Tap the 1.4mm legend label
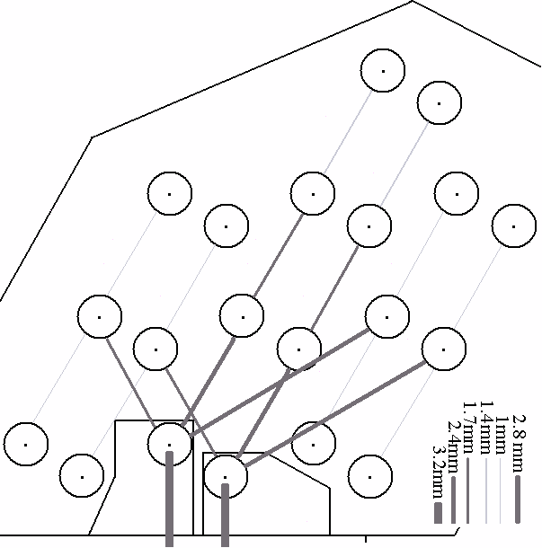pyautogui.click(x=486, y=421)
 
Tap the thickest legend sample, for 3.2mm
pyautogui.click(x=437, y=512)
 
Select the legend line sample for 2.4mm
pyautogui.click(x=453, y=499)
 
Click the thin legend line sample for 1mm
pyautogui.click(x=500, y=490)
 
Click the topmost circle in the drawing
pyautogui.click(x=382, y=71)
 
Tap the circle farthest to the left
pyautogui.click(x=25, y=444)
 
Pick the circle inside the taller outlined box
pyautogui.click(x=169, y=444)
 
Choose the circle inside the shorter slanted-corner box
pyautogui.click(x=226, y=476)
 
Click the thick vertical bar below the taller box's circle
pyautogui.click(x=169, y=499)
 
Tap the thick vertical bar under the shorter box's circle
pyautogui.click(x=225, y=516)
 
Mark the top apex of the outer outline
pyautogui.click(x=413, y=2)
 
